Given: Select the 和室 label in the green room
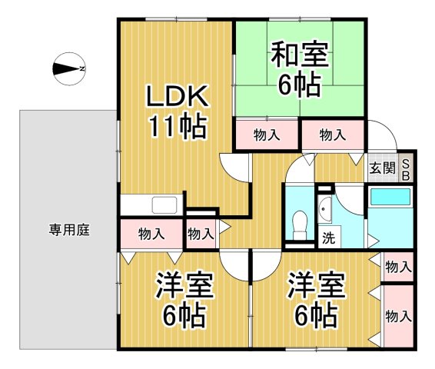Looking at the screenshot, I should pyautogui.click(x=299, y=56).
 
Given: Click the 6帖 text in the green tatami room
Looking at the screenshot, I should pyautogui.click(x=299, y=85).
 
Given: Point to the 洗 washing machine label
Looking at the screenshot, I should pyautogui.click(x=328, y=238).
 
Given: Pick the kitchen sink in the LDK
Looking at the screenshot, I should pyautogui.click(x=165, y=205).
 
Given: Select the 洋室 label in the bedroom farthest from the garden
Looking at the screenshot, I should pyautogui.click(x=314, y=287).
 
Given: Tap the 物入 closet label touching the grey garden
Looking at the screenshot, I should pyautogui.click(x=151, y=234).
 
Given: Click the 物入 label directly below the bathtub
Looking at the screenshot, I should pyautogui.click(x=397, y=268).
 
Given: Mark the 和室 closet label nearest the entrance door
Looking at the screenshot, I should pyautogui.click(x=332, y=135).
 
